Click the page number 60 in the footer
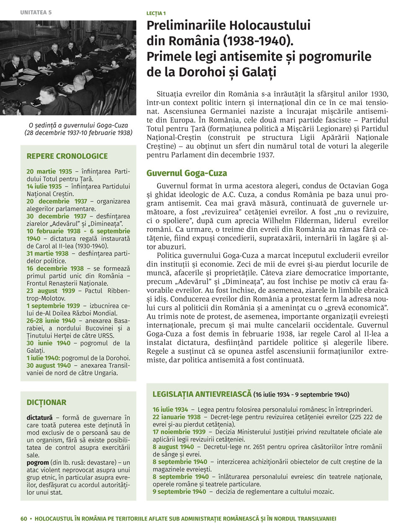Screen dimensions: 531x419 pyautogui.click(x=23, y=519)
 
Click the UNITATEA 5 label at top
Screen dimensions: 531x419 pyautogui.click(x=36, y=13)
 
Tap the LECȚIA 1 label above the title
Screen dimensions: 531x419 pyautogui.click(x=156, y=13)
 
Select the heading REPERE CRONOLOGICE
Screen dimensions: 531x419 pyautogui.click(x=67, y=156)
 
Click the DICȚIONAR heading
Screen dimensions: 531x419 pyautogui.click(x=47, y=402)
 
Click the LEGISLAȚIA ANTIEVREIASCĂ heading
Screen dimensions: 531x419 pyautogui.click(x=202, y=394)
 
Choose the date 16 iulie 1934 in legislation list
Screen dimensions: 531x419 pyautogui.click(x=170, y=410)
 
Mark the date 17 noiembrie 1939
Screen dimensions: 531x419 pyautogui.click(x=179, y=432)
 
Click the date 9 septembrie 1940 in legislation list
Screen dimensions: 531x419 pyautogui.click(x=179, y=492)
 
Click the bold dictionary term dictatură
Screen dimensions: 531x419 pyautogui.click(x=39, y=418)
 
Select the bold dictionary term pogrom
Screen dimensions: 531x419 pyautogui.click(x=37, y=463)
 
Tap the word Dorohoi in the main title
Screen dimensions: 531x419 pyautogui.click(x=201, y=72)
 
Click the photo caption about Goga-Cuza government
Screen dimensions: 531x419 pyautogui.click(x=78, y=129)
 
